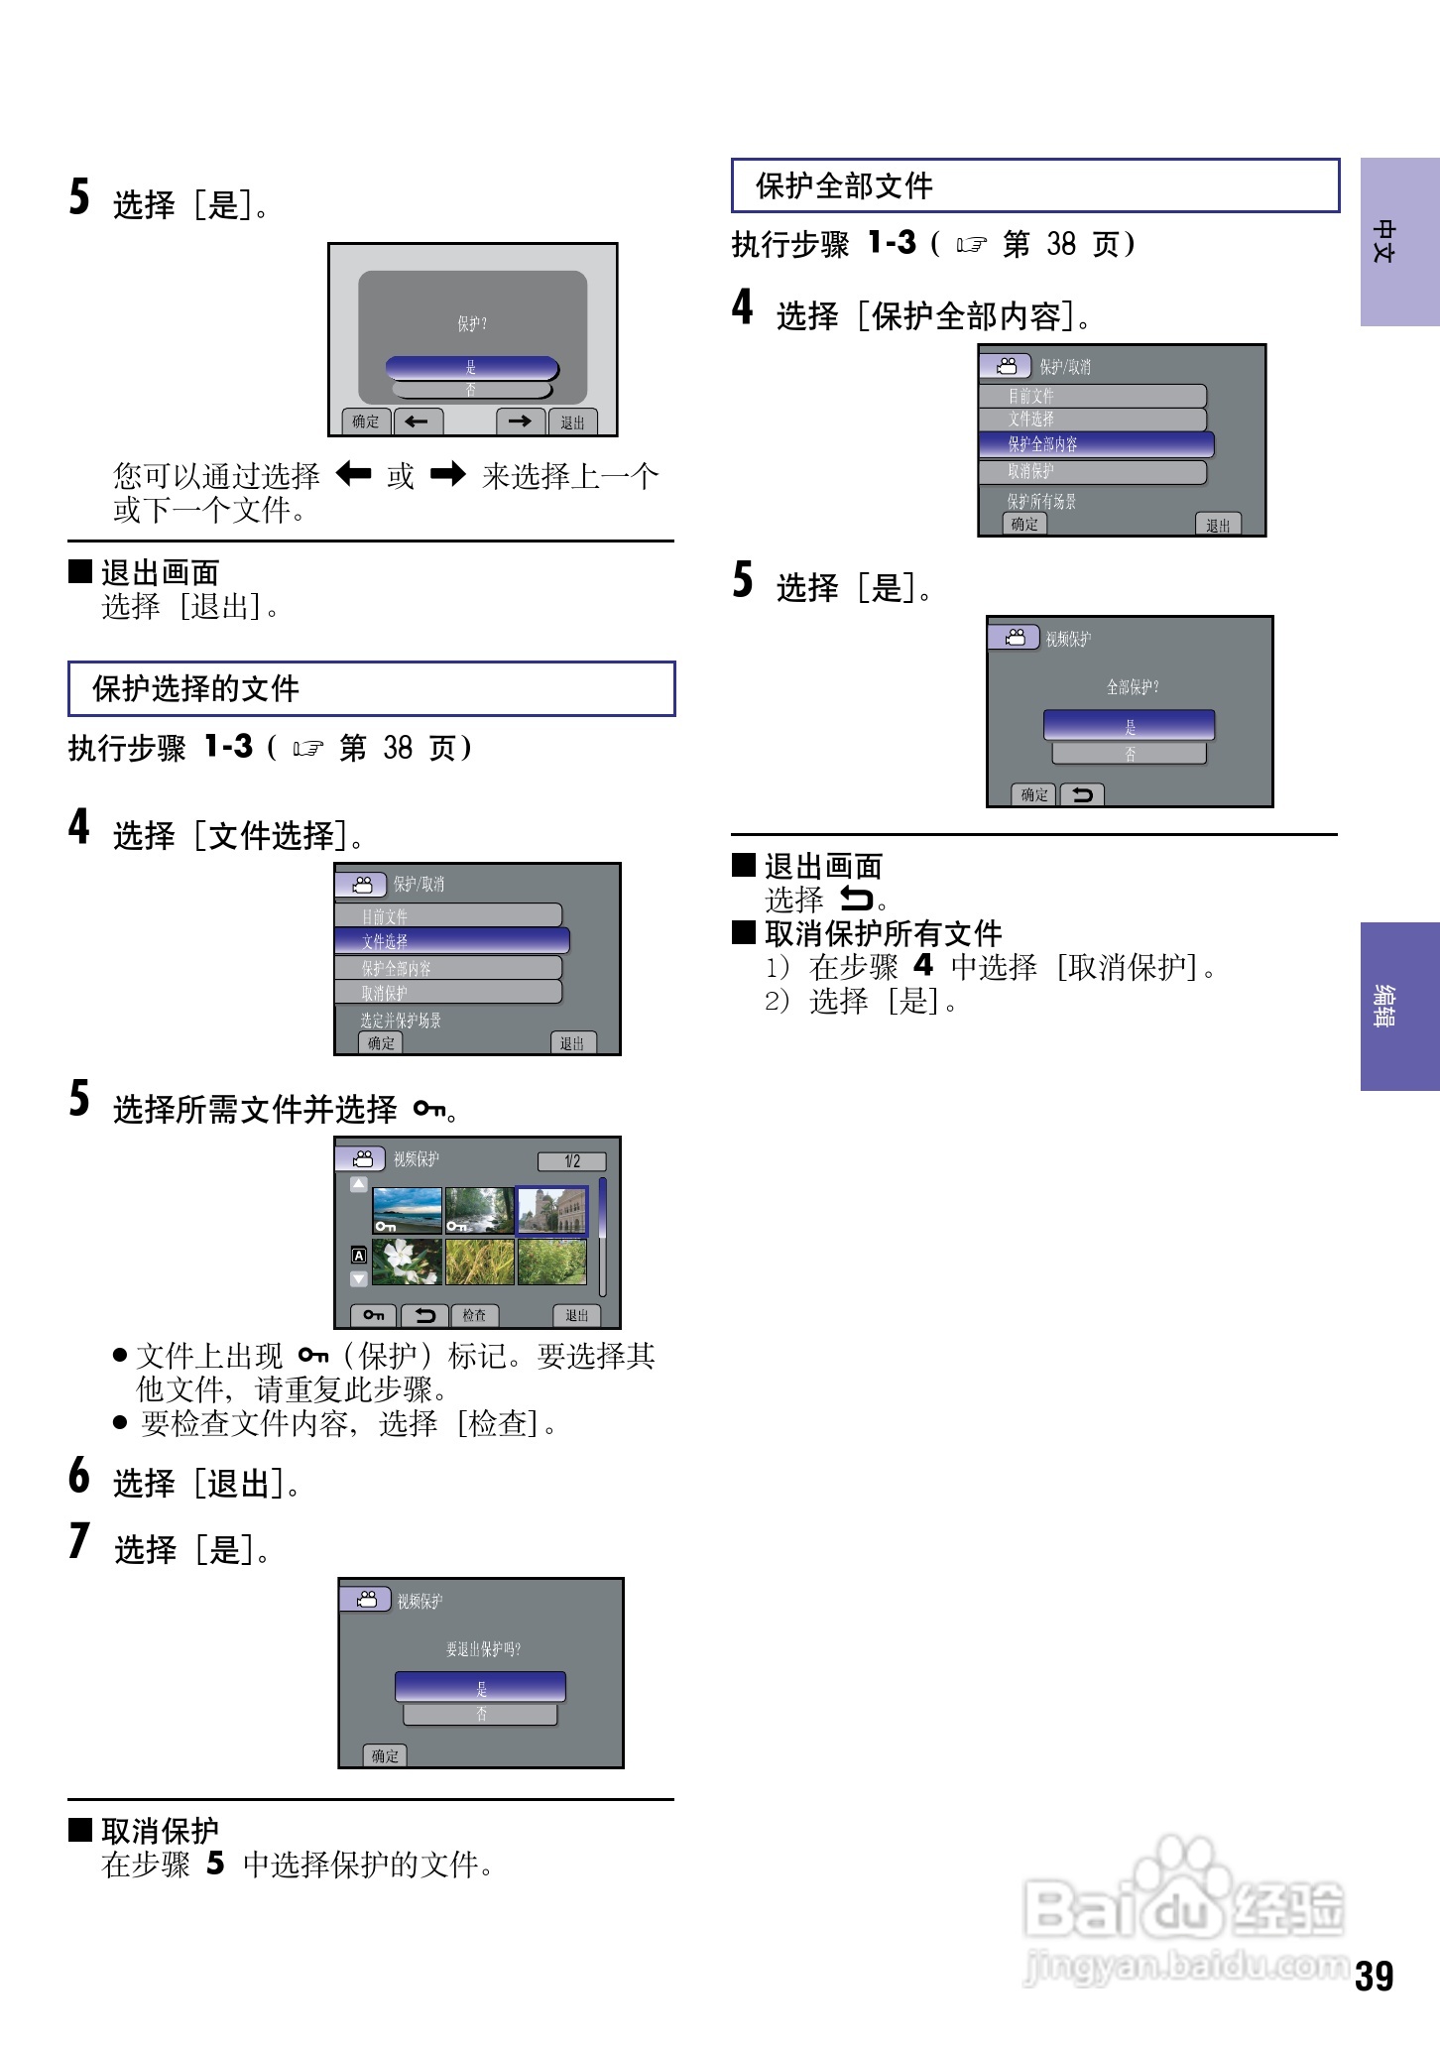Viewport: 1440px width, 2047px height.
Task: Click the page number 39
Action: [x=1374, y=1976]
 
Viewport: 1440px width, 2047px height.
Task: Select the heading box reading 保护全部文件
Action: [x=1034, y=185]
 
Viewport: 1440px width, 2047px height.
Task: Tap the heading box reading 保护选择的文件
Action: [x=371, y=688]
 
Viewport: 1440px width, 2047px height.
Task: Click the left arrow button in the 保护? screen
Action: [x=418, y=421]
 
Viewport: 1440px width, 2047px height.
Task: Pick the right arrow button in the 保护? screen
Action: [x=521, y=421]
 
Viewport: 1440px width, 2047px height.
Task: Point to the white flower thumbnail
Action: [x=407, y=1262]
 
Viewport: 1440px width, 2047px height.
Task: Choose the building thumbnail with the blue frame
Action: [x=552, y=1210]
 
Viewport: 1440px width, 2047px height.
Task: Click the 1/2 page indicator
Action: [x=571, y=1161]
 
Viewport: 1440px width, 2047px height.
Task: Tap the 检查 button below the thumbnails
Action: [x=474, y=1315]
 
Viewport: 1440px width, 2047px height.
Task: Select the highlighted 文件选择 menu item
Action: [x=452, y=940]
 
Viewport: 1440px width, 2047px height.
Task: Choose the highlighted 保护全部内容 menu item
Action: [x=1096, y=444]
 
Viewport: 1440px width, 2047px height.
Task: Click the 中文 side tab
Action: [x=1399, y=242]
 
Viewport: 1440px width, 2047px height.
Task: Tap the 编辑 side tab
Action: [x=1399, y=1006]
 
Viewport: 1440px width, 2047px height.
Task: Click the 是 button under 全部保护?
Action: [x=1129, y=726]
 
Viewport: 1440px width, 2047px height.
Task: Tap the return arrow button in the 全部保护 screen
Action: [x=1082, y=794]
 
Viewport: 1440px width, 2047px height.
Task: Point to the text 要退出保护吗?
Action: [x=483, y=1649]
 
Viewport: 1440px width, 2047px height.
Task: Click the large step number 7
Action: [x=79, y=1542]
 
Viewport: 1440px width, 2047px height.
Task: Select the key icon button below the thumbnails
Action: [x=374, y=1315]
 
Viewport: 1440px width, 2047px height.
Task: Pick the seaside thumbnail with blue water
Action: [x=407, y=1210]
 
